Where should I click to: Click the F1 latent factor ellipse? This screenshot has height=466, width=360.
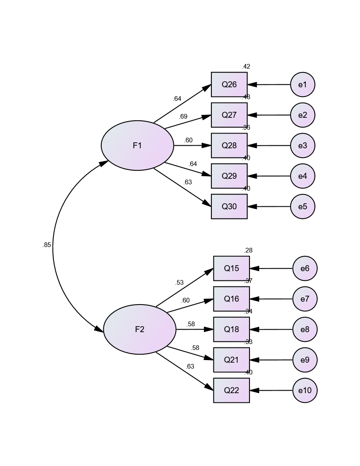click(x=137, y=145)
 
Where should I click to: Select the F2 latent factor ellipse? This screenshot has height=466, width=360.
click(x=139, y=329)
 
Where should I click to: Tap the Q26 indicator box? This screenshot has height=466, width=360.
click(x=229, y=84)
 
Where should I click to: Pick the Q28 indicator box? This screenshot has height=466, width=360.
click(x=229, y=145)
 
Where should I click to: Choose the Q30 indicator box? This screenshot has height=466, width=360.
click(x=229, y=206)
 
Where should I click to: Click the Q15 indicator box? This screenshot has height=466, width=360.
click(x=231, y=268)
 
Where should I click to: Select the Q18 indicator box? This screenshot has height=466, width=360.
click(x=231, y=329)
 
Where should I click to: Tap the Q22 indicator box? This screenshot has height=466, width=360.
click(x=231, y=390)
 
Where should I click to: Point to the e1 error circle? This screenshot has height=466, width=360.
click(x=302, y=84)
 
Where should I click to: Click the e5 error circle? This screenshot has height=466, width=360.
click(x=302, y=206)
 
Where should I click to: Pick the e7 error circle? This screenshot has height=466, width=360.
click(x=305, y=299)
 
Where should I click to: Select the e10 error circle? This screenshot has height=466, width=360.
click(x=305, y=390)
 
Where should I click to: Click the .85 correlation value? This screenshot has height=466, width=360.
click(x=47, y=245)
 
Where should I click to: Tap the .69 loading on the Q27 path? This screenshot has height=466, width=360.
click(x=183, y=116)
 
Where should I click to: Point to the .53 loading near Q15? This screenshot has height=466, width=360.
click(x=179, y=283)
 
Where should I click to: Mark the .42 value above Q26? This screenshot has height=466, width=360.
click(x=246, y=67)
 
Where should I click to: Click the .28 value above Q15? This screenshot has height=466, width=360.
click(x=248, y=250)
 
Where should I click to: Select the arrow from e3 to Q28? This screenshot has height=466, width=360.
click(x=269, y=145)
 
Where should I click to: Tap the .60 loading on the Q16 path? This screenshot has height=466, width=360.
click(x=186, y=300)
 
